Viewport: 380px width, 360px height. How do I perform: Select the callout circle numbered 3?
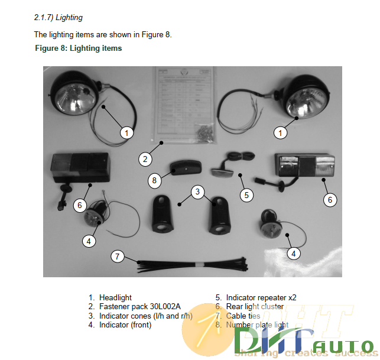pyautogui.click(x=199, y=191)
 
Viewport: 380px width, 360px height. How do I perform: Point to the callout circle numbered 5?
pyautogui.click(x=246, y=194)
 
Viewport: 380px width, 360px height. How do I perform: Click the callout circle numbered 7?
pyautogui.click(x=118, y=256)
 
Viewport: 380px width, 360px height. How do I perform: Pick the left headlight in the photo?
pyautogui.click(x=74, y=93)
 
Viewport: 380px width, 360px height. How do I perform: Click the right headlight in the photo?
pyautogui.click(x=305, y=96)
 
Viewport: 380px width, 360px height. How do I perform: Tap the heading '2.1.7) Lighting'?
pyautogui.click(x=59, y=18)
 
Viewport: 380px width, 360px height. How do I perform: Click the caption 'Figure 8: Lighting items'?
pyautogui.click(x=79, y=48)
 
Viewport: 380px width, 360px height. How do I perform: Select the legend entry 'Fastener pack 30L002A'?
pyautogui.click(x=139, y=306)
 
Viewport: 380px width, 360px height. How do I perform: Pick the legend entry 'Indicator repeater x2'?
pyautogui.click(x=263, y=297)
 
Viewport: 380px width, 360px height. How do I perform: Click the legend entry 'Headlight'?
pyautogui.click(x=115, y=297)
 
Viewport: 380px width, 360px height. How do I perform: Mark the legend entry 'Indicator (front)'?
pyautogui.click(x=125, y=325)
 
